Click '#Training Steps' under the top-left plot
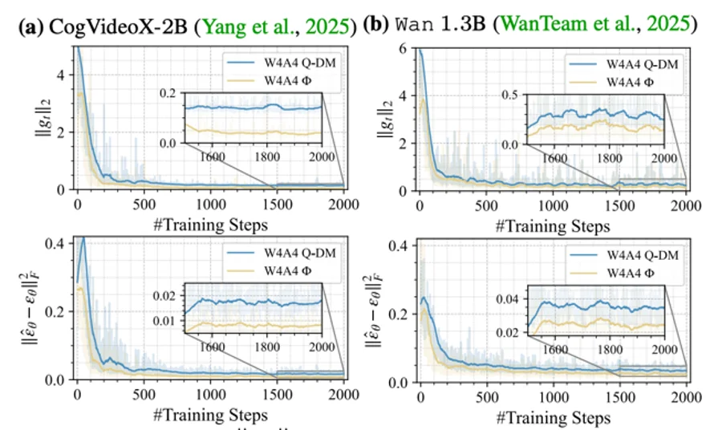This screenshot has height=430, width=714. tap(209, 225)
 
